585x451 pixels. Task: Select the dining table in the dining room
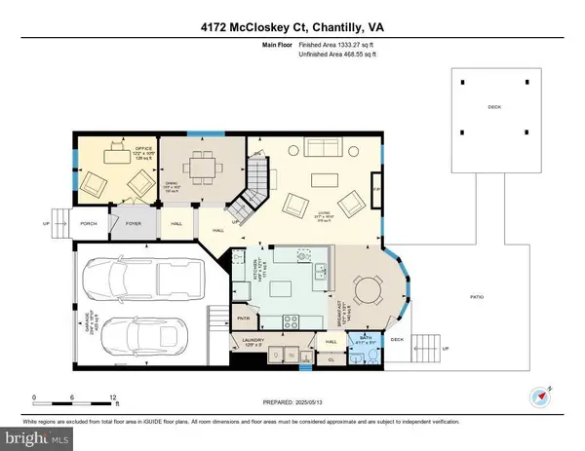point(203,167)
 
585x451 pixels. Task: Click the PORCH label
point(87,222)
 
